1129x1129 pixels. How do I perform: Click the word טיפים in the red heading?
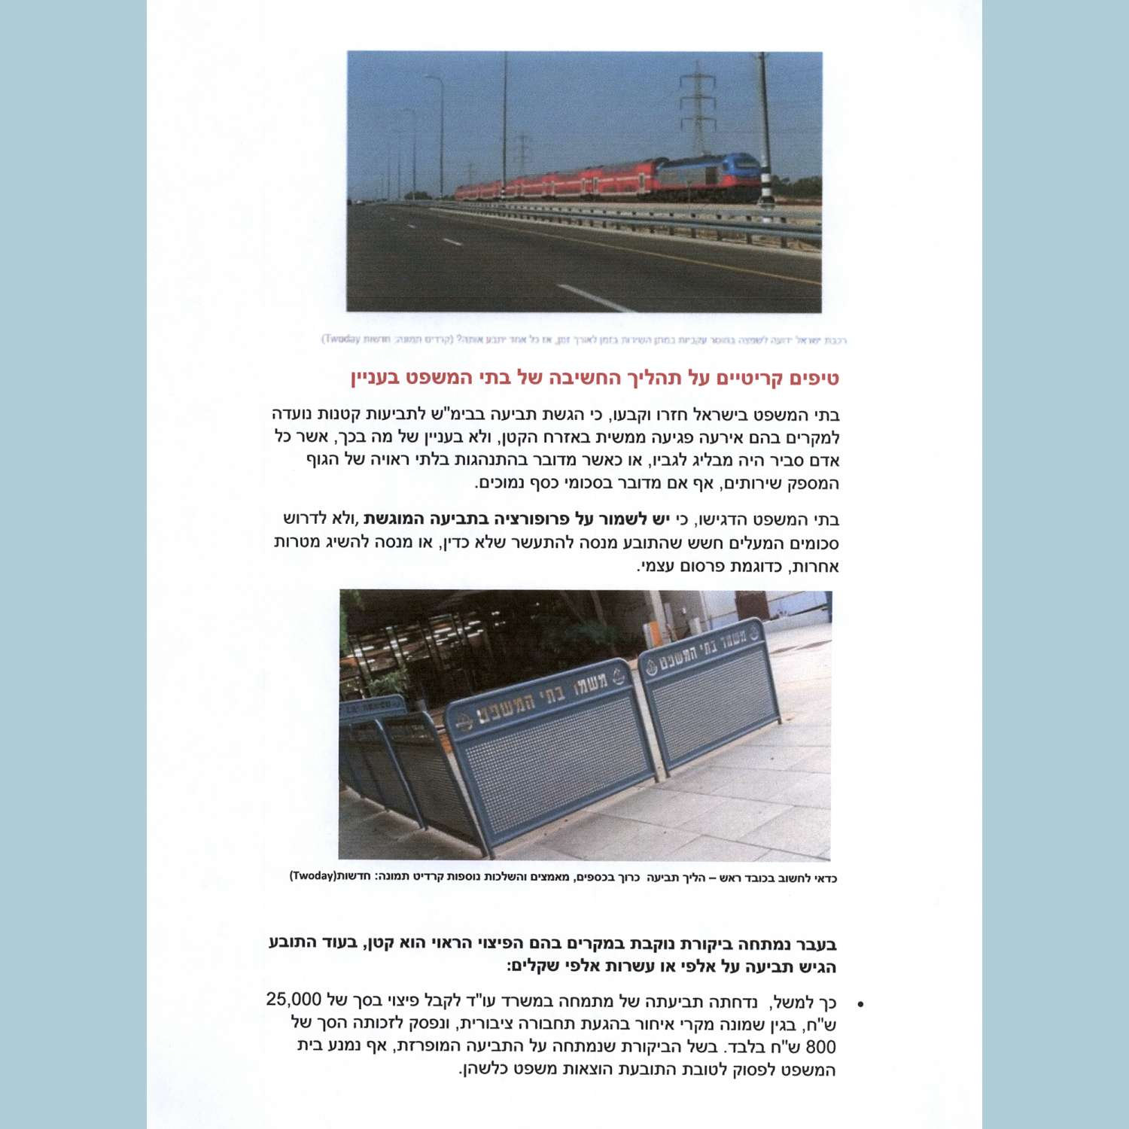[811, 377]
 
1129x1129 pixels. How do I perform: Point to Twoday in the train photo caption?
[343, 339]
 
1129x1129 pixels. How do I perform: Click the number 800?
[821, 1047]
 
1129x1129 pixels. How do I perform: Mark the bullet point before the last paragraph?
[860, 1004]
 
